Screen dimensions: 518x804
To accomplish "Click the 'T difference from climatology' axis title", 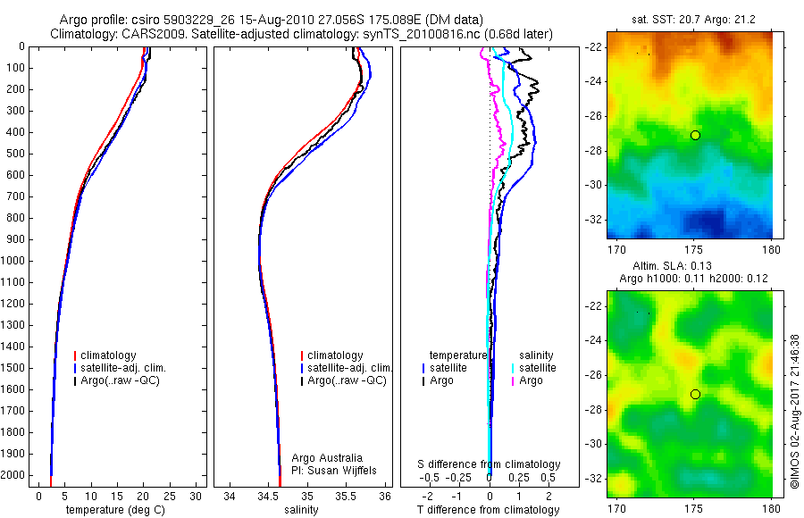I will point(488,510).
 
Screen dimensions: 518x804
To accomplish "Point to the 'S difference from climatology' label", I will point(489,464).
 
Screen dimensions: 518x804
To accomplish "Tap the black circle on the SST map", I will point(695,135).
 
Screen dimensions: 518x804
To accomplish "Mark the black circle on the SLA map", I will point(695,394).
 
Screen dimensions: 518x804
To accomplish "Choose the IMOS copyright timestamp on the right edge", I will point(795,411).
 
